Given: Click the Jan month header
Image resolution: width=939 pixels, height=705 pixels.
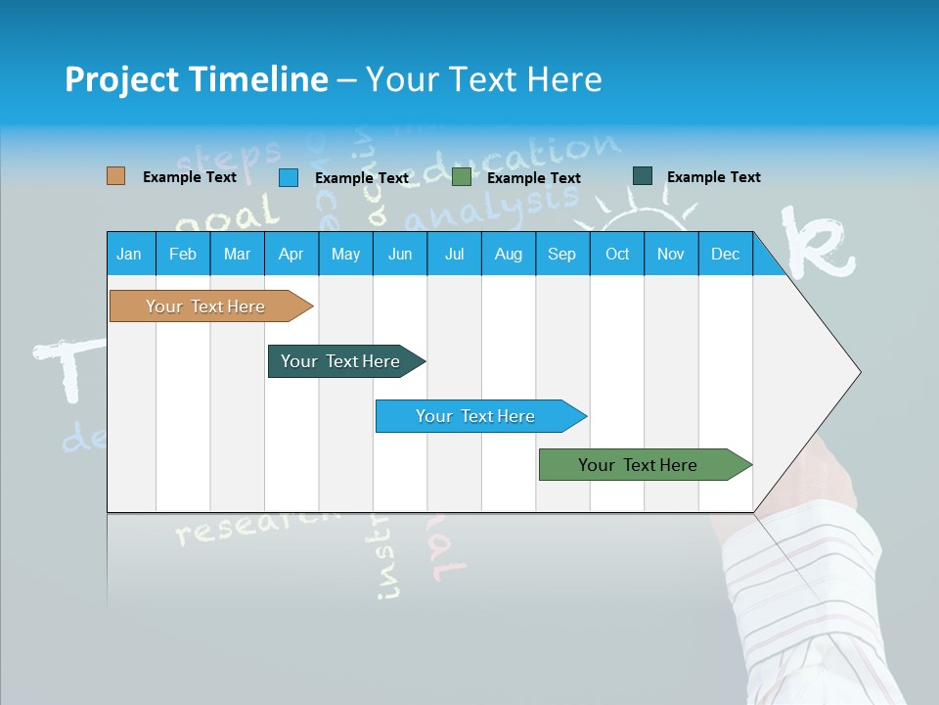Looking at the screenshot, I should pyautogui.click(x=129, y=254).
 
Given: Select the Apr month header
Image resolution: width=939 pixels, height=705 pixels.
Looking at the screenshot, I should pyautogui.click(x=291, y=254).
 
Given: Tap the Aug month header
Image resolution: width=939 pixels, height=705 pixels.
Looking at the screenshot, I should pyautogui.click(x=508, y=254).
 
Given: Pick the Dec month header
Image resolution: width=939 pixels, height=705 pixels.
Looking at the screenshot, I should pyautogui.click(x=725, y=254).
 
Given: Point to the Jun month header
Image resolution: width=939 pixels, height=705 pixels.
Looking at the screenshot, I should pyautogui.click(x=399, y=254).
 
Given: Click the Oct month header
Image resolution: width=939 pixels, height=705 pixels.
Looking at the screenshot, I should pyautogui.click(x=616, y=254).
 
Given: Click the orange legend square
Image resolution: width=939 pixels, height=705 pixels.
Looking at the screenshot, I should pyautogui.click(x=115, y=176).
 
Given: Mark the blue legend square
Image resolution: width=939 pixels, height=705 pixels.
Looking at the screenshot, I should pyautogui.click(x=288, y=177).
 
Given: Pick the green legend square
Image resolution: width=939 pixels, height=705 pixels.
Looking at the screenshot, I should pyautogui.click(x=461, y=177).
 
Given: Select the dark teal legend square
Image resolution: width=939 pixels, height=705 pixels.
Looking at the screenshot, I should pyautogui.click(x=642, y=176).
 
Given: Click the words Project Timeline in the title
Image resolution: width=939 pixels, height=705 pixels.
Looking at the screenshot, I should pyautogui.click(x=196, y=79).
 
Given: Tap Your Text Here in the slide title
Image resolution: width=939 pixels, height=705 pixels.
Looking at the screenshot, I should pyautogui.click(x=483, y=79).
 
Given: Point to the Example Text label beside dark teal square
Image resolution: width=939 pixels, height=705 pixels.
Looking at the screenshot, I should pyautogui.click(x=713, y=177).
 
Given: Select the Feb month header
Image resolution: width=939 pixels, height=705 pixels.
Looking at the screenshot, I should pyautogui.click(x=182, y=254).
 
